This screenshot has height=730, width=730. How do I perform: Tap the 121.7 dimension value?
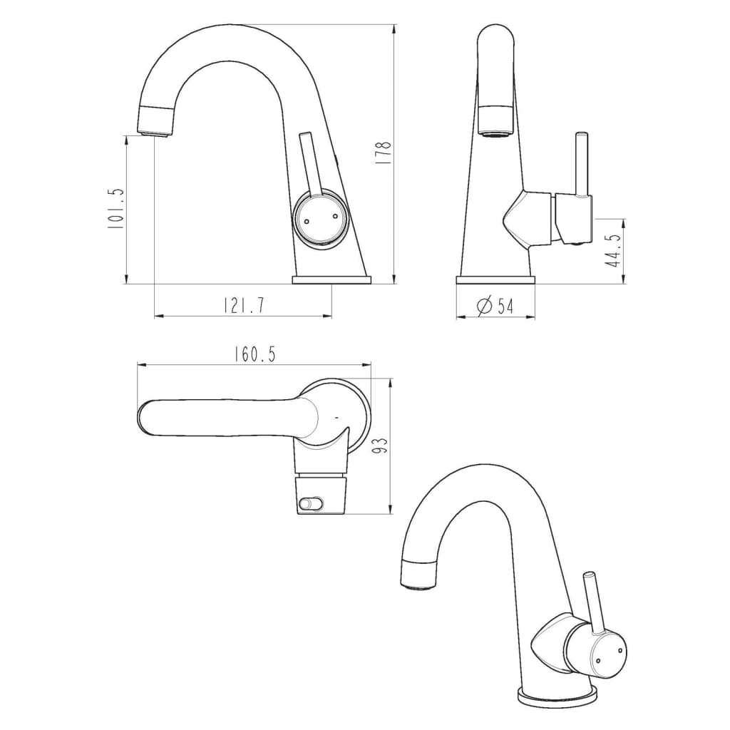(x=244, y=306)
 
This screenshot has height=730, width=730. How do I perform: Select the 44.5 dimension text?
(x=612, y=251)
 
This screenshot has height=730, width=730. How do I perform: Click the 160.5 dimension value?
(x=255, y=354)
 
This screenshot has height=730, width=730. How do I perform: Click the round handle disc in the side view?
(x=320, y=220)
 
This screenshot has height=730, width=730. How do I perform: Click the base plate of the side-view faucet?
(x=331, y=280)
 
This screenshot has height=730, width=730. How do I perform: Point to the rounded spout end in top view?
(x=145, y=418)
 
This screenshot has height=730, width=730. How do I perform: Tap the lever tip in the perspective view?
(x=589, y=575)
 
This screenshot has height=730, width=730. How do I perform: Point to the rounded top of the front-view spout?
(x=495, y=36)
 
